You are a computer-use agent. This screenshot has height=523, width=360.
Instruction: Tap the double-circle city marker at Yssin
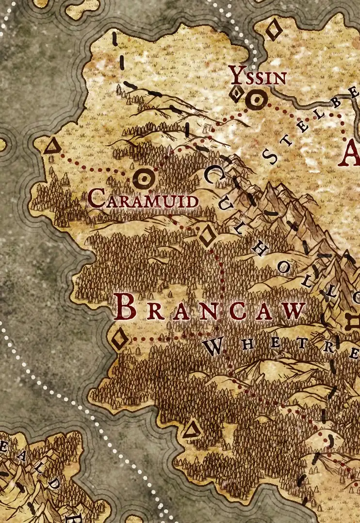pos(256,100)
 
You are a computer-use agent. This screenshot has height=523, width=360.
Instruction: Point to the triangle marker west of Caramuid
pos(51,146)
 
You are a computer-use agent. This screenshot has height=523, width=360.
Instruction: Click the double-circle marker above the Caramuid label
pos(144,180)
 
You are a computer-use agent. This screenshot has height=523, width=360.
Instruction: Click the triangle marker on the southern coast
pos(191,430)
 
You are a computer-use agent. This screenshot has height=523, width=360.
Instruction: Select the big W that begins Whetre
pos(213,345)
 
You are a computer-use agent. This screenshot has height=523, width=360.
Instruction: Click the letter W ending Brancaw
pos(294,311)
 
